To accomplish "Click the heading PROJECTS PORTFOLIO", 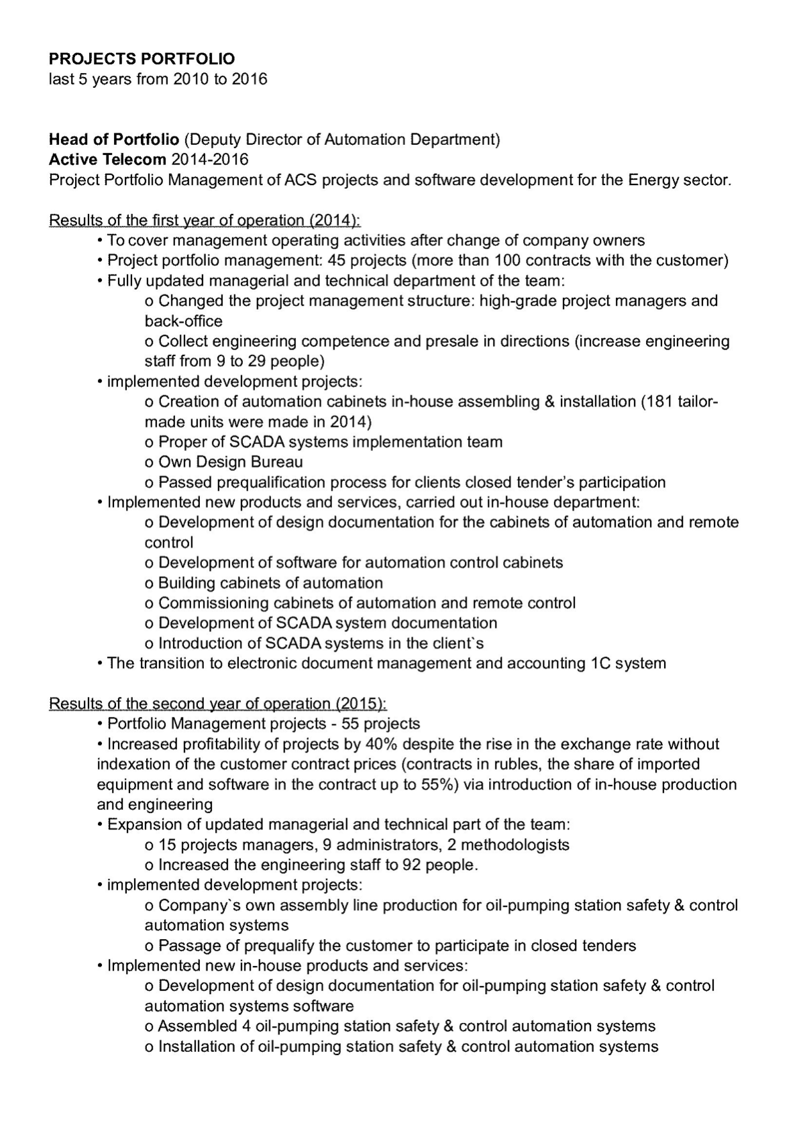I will click(x=142, y=59).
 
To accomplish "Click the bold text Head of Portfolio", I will click(x=113, y=140).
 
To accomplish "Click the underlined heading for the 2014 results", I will click(x=205, y=220).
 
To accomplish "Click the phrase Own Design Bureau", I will click(x=230, y=462).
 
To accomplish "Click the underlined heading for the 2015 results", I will click(x=218, y=704).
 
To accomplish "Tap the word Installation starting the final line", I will click(x=199, y=1047).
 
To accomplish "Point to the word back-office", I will click(x=183, y=321).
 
